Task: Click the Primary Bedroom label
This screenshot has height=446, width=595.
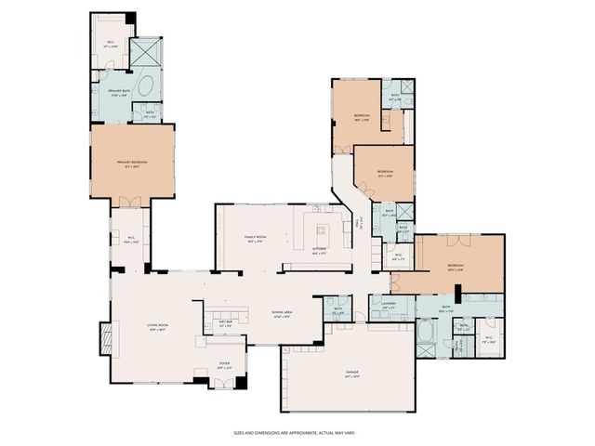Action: click(133, 163)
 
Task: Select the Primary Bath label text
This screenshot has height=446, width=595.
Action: click(110, 92)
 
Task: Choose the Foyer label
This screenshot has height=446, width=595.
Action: click(224, 364)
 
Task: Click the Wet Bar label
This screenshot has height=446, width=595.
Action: click(224, 324)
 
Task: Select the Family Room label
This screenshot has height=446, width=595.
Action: click(255, 239)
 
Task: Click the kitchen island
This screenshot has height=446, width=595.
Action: click(323, 230)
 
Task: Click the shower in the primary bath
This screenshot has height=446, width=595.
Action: click(146, 52)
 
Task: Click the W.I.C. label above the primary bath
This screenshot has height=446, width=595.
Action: click(110, 43)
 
